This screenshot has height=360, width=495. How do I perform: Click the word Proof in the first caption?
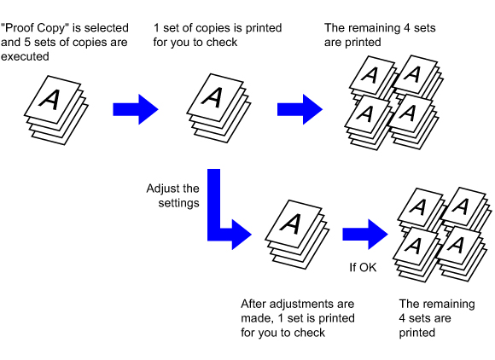(19, 28)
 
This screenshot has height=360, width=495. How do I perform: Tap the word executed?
(25, 57)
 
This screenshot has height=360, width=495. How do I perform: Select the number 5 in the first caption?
(27, 43)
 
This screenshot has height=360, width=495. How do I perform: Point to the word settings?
(178, 203)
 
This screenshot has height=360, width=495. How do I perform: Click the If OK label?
(363, 268)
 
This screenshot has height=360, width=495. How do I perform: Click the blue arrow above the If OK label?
(365, 234)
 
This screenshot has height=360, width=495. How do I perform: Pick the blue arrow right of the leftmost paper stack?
(136, 109)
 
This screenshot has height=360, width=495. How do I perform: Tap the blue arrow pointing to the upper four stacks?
(300, 109)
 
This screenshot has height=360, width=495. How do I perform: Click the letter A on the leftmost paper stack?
(50, 100)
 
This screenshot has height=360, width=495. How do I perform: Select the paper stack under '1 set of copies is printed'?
(218, 107)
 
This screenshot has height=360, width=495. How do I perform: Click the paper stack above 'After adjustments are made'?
(297, 234)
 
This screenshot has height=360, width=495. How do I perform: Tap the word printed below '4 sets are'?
(417, 334)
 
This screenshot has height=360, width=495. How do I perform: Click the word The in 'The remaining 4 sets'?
(335, 28)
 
